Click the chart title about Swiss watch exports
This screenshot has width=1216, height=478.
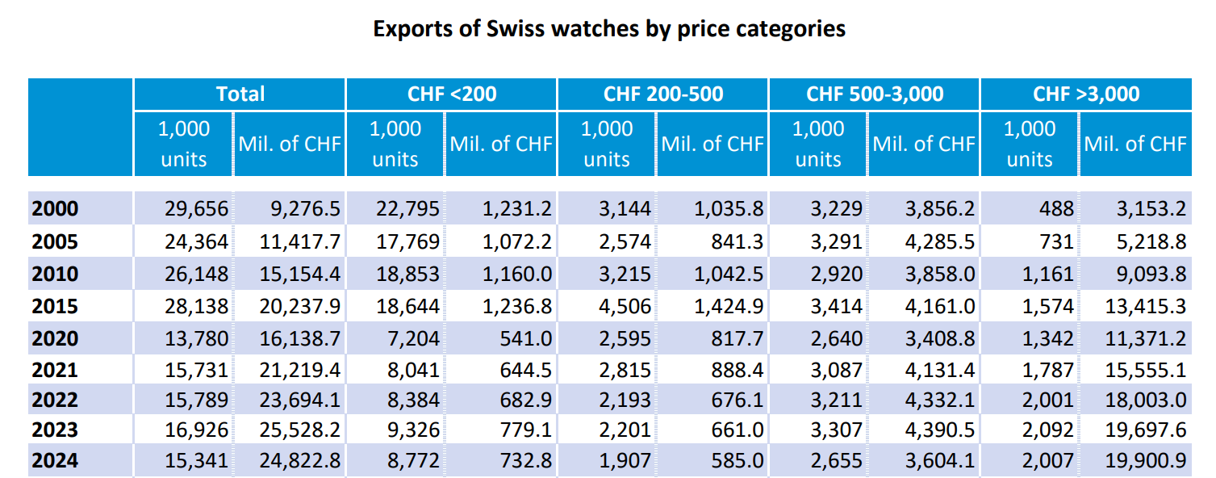[x=608, y=29]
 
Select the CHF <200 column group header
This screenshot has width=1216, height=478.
[x=452, y=94]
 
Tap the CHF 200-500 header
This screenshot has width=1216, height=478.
[x=663, y=94]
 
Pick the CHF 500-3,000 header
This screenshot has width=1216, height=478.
[x=875, y=94]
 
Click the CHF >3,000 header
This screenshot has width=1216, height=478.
[x=1086, y=94]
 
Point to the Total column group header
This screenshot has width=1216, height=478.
[x=240, y=94]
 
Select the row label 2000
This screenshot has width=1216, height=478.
[x=56, y=209]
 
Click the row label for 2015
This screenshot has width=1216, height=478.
[x=56, y=306]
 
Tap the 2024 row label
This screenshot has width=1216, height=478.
[x=56, y=461]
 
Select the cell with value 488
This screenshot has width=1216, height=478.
[x=1056, y=209]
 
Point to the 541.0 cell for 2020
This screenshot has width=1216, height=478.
[x=525, y=338]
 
